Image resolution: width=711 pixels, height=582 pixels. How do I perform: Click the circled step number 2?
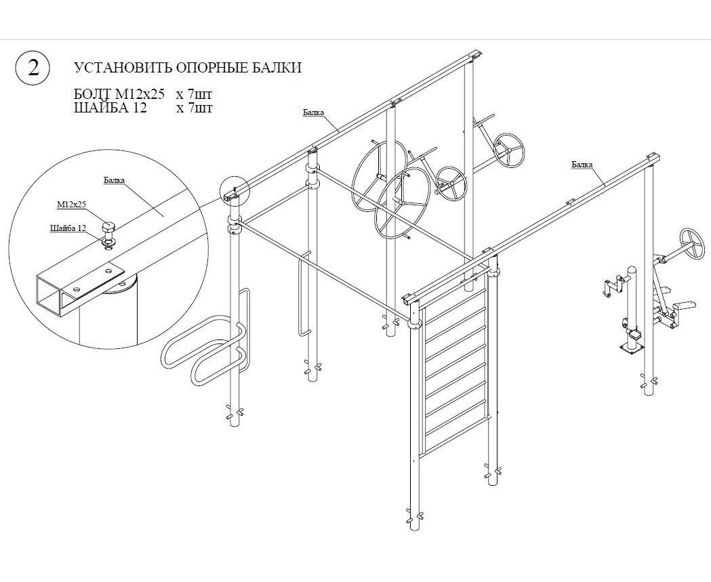click(x=34, y=68)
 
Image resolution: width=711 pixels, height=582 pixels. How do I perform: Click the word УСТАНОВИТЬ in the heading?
click(x=122, y=68)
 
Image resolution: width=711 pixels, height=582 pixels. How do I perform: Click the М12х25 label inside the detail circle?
click(x=71, y=205)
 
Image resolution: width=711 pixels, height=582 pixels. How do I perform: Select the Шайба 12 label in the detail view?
click(x=68, y=228)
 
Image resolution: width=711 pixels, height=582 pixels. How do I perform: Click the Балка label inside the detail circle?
click(x=115, y=180)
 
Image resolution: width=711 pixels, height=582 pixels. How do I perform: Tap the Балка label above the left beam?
click(x=314, y=112)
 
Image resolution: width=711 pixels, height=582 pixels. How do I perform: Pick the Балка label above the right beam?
click(x=582, y=165)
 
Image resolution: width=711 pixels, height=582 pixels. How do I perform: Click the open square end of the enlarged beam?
click(x=49, y=295)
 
